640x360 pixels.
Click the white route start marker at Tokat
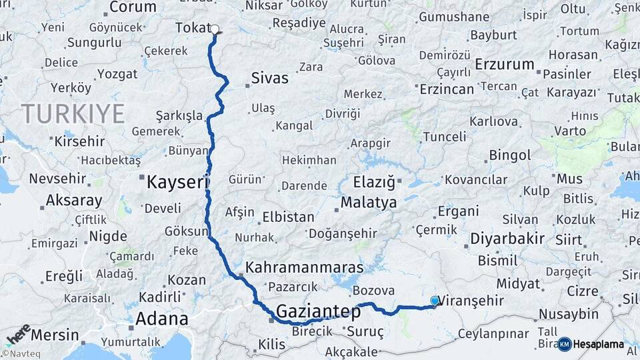(x=215, y=29)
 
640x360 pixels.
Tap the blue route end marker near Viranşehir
(x=435, y=301)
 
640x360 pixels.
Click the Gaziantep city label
(x=318, y=311)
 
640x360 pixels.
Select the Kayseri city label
(x=178, y=181)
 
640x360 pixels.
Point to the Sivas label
(x=269, y=78)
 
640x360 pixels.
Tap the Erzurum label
(x=505, y=65)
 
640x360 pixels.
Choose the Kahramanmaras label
(x=305, y=267)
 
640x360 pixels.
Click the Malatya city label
(x=368, y=202)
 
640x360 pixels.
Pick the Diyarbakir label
(x=507, y=238)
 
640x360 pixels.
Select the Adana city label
(x=161, y=319)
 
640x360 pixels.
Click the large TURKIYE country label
(x=73, y=114)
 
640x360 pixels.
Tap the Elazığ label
(x=374, y=181)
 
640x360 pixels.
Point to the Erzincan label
(x=446, y=89)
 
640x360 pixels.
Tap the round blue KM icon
(x=565, y=344)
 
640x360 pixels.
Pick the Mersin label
(x=55, y=335)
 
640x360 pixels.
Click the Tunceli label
(x=445, y=137)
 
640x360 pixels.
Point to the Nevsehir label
(x=57, y=179)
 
